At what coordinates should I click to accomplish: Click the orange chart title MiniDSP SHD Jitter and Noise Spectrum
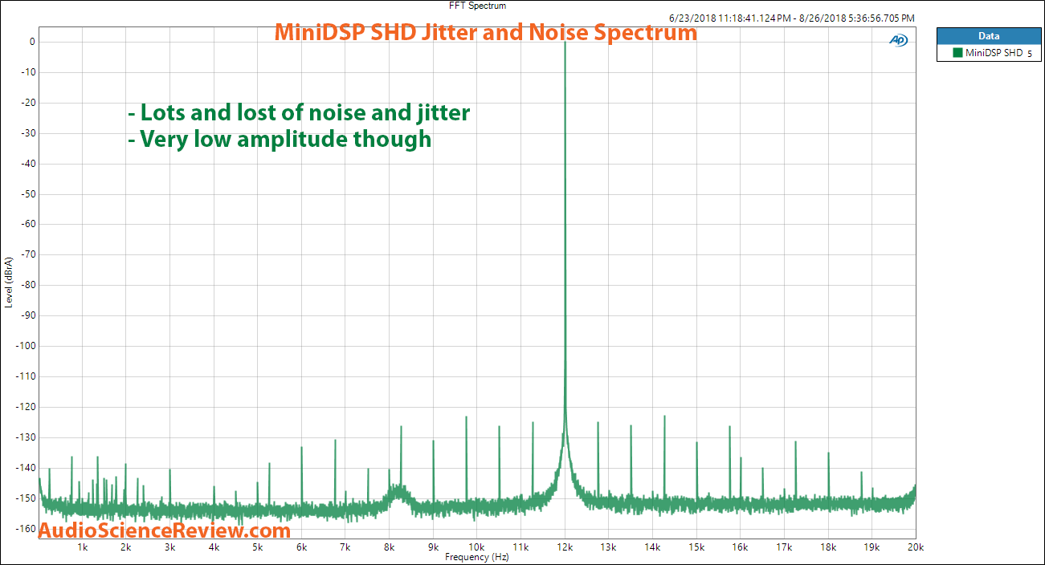(x=486, y=33)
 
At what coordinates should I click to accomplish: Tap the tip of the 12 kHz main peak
(x=565, y=43)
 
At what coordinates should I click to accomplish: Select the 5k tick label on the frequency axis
(x=257, y=547)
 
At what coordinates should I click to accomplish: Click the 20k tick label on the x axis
(x=916, y=547)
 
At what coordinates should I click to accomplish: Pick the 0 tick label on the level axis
(x=31, y=42)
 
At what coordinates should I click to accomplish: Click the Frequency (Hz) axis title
(x=477, y=557)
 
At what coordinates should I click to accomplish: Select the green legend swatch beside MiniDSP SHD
(x=957, y=53)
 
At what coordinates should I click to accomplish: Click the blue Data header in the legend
(x=988, y=36)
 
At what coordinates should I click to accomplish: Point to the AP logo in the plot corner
(x=898, y=41)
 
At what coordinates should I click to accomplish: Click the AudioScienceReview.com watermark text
(x=165, y=530)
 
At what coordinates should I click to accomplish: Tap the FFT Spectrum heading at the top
(x=477, y=6)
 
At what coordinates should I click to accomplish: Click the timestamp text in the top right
(x=791, y=18)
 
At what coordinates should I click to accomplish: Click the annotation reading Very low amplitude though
(x=280, y=140)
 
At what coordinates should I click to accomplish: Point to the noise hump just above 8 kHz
(x=398, y=490)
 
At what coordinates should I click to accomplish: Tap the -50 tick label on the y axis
(x=24, y=194)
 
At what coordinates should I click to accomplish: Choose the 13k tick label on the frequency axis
(x=608, y=547)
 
